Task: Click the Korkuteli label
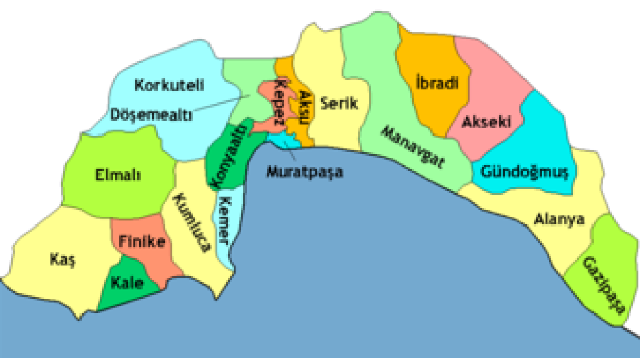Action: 169,86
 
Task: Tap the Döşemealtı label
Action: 152,115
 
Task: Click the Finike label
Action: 141,241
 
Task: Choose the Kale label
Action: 127,284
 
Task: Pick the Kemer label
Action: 228,220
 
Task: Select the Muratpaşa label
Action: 305,171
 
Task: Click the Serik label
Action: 340,104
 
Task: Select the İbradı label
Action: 436,84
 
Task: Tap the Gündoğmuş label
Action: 525,171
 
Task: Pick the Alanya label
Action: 559,220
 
